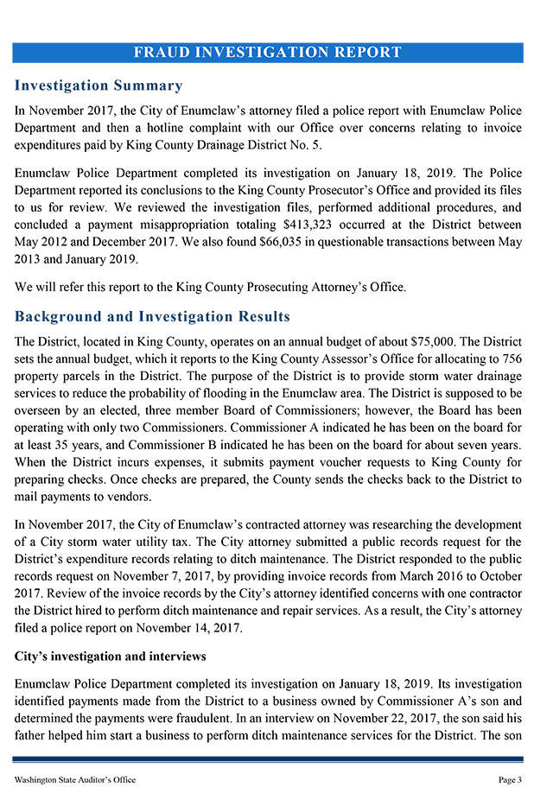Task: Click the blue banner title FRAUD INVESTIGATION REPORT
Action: pos(268,52)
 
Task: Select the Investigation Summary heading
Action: pos(99,86)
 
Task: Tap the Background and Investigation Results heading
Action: pos(152,316)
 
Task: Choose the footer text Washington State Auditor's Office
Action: pos(75,779)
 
